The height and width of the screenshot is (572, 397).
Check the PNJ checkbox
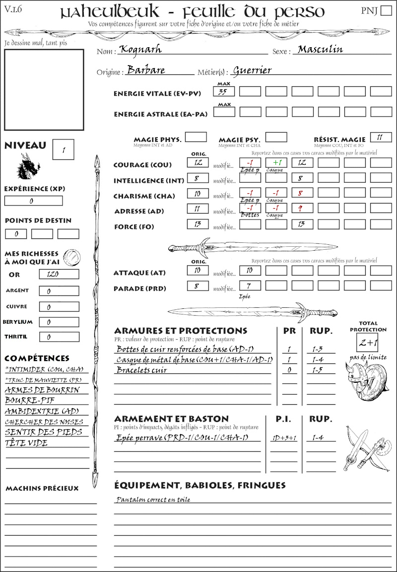385,11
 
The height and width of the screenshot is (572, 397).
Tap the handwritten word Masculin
320,49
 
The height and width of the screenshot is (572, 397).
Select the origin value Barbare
146,70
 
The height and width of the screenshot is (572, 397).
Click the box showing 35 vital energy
224,91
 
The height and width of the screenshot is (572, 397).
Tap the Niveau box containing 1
64,149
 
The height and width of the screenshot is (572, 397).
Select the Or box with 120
59,274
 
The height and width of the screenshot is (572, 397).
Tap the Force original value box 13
198,224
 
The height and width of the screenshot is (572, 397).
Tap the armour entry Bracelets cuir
141,370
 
